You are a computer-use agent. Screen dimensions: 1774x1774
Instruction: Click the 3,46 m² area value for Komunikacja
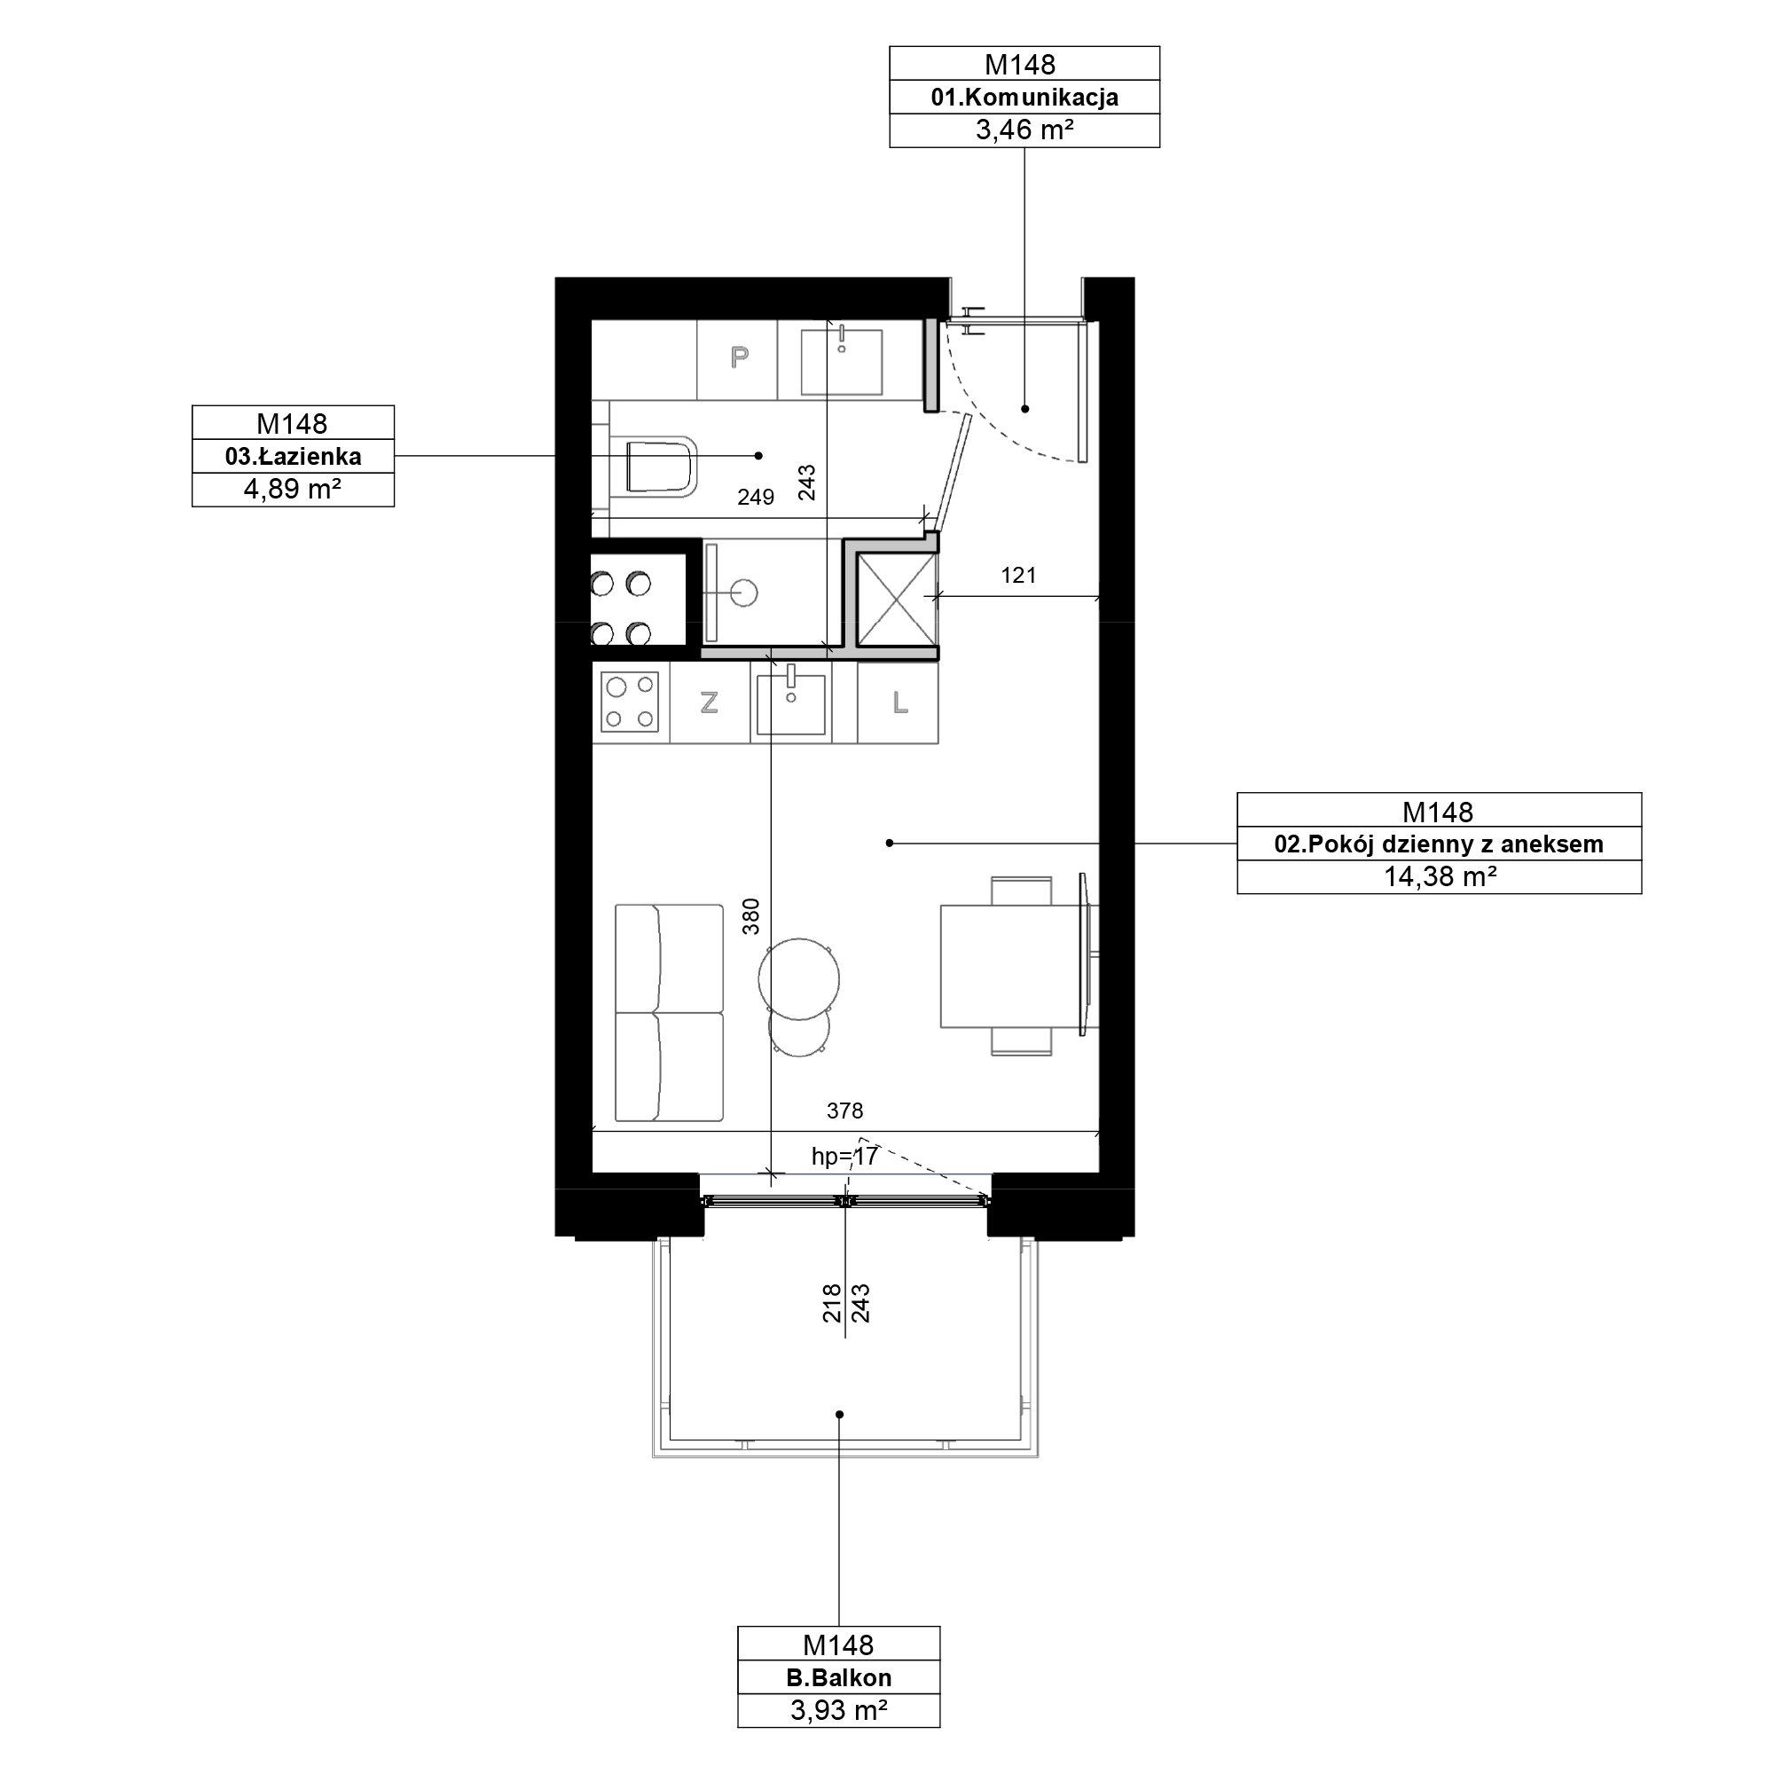1024,130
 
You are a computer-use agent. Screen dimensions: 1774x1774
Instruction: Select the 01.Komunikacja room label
1024,98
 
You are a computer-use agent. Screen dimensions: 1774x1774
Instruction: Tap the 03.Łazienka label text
293,456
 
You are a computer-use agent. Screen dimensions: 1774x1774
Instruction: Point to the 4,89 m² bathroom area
293,490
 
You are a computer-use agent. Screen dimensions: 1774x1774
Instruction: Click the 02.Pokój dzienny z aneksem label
1439,844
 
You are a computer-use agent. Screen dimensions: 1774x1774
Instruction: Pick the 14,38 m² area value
1440,877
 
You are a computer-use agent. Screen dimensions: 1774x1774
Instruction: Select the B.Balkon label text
839,1677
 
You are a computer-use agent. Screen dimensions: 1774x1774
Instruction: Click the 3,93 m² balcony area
839,1711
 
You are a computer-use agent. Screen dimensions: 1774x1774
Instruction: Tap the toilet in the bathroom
661,466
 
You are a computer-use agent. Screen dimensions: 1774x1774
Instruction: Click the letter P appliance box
738,358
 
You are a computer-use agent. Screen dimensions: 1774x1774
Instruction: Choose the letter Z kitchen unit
709,703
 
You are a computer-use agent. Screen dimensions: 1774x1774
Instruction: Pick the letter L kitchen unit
899,703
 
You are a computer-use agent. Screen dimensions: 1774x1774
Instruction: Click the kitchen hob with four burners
630,703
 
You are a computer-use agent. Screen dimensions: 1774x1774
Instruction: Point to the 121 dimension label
1018,576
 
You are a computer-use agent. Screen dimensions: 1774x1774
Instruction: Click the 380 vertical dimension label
751,916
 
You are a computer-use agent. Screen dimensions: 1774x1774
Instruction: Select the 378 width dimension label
844,1111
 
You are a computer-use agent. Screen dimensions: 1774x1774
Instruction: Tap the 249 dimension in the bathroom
756,497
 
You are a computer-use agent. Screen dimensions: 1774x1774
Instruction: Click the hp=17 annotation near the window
844,1157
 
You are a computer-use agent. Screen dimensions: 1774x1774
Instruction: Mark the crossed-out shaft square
896,600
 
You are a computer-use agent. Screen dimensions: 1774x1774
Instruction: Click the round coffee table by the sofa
799,979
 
